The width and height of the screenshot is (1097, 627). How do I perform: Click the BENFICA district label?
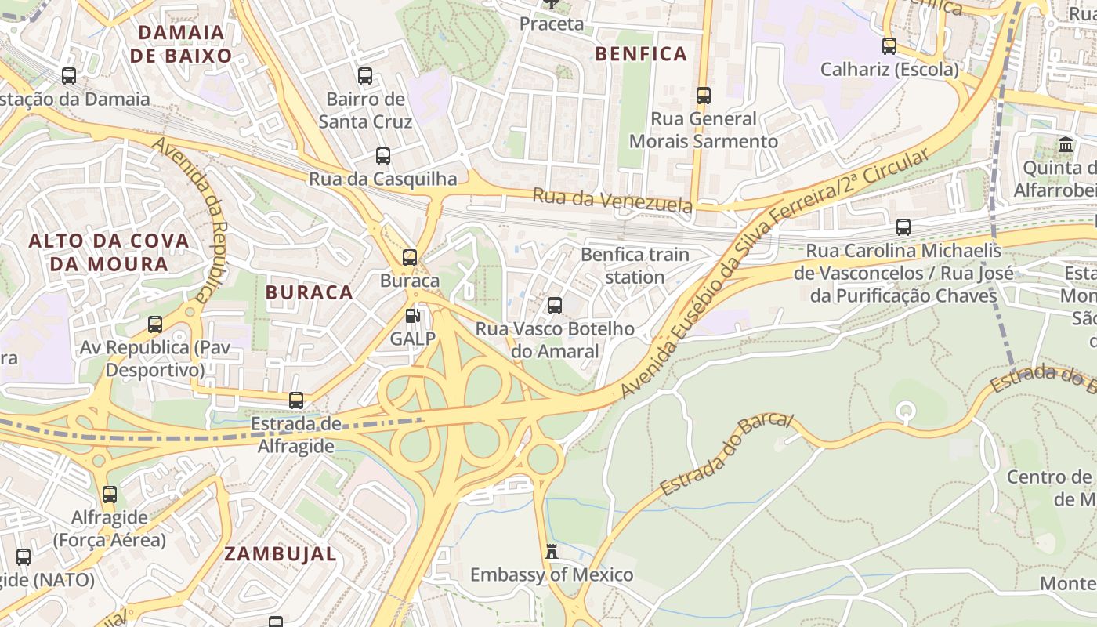641,54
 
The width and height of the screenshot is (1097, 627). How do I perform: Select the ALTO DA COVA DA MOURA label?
109,252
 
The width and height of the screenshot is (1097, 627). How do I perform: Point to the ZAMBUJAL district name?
281,554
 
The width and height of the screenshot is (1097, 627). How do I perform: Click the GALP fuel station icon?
412,317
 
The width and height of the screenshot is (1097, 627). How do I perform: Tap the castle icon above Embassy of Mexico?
552,552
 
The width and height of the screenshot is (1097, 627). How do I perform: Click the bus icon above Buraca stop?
409,257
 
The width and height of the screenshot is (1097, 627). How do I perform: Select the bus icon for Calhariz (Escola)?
889,46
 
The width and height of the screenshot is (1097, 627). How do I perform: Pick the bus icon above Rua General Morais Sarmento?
704,96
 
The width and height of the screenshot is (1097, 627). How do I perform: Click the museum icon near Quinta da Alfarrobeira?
1066,145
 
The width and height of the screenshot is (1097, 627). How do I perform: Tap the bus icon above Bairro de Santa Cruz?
365,76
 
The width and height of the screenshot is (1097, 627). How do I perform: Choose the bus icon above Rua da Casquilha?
382,155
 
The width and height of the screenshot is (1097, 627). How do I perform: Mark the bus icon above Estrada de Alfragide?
296,400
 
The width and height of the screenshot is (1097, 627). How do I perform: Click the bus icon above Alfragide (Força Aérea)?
110,495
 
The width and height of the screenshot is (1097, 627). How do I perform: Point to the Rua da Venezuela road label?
613,200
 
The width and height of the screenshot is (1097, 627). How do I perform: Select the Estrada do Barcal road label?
726,454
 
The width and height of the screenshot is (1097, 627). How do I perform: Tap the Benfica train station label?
635,266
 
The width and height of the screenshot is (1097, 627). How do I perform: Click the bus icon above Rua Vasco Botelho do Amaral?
555,306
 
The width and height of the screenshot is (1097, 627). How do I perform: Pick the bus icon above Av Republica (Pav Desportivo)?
155,324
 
